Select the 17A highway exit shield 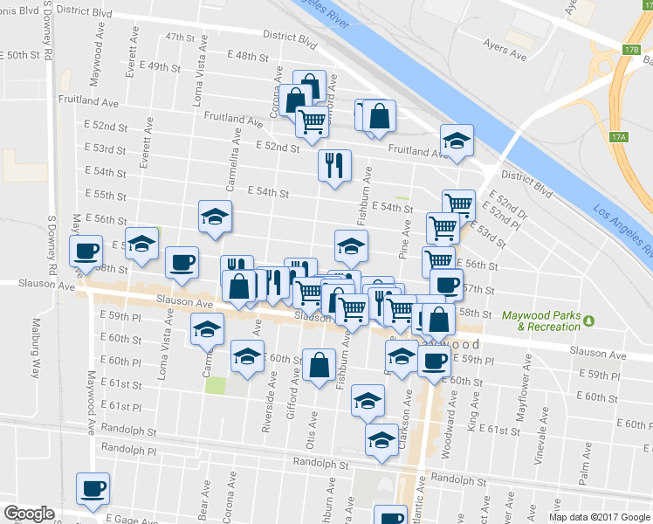[x=619, y=137]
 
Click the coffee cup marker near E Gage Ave [x=93, y=489]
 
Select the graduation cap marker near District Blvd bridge [x=455, y=140]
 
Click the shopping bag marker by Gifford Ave [x=320, y=364]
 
